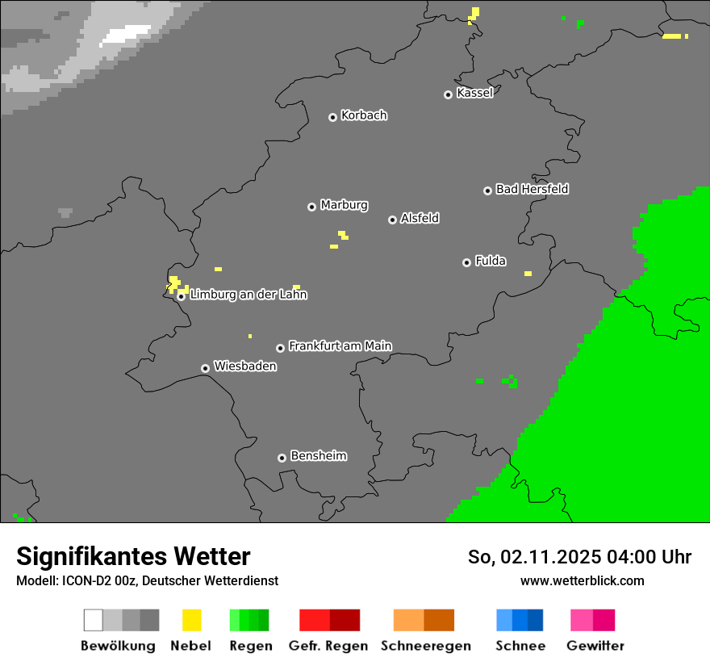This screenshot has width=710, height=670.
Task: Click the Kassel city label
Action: click(474, 93)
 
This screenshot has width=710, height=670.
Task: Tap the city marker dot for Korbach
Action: click(332, 117)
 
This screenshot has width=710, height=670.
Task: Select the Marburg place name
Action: click(344, 205)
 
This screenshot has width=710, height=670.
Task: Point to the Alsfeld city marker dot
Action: click(392, 220)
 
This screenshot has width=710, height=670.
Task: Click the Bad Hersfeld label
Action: click(532, 189)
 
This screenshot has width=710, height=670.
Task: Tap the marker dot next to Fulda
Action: click(466, 262)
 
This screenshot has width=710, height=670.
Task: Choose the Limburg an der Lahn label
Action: click(248, 295)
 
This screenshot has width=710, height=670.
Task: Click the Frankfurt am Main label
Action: click(340, 346)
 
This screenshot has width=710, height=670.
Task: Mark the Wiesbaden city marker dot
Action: click(205, 368)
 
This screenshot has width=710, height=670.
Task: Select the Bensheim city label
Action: click(318, 456)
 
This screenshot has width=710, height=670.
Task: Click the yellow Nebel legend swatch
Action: click(191, 620)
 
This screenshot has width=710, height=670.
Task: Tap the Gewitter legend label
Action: click(595, 646)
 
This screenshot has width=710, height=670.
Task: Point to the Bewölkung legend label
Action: click(118, 646)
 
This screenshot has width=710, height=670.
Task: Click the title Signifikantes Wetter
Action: click(133, 557)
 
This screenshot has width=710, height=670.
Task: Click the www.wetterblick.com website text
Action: click(582, 580)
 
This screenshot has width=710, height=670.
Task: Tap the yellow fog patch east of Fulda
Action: click(528, 274)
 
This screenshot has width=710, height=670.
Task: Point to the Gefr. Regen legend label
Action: click(328, 646)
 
